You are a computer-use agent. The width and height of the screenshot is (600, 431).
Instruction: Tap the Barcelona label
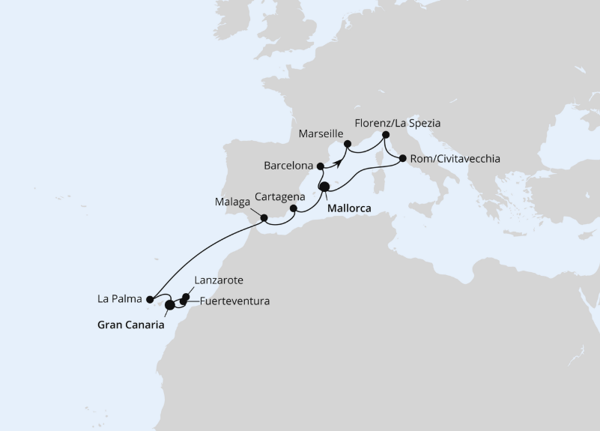click(x=288, y=165)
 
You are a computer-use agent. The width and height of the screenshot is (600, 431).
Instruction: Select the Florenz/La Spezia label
click(x=397, y=122)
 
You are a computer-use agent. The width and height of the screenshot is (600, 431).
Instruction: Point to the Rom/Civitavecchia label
click(x=455, y=159)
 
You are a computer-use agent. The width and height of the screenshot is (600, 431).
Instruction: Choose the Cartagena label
click(x=279, y=196)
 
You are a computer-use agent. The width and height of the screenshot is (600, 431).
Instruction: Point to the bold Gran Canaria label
click(x=130, y=325)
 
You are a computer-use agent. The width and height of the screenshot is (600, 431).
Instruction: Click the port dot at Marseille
click(x=348, y=143)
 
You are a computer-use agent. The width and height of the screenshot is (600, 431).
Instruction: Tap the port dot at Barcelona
click(x=321, y=166)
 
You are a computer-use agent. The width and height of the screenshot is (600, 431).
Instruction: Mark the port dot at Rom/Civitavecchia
click(x=403, y=158)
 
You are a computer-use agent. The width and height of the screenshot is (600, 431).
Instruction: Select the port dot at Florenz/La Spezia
click(x=386, y=135)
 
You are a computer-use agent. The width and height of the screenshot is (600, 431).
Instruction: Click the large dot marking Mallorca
click(x=324, y=187)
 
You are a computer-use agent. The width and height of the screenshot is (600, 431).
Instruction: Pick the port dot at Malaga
click(x=264, y=219)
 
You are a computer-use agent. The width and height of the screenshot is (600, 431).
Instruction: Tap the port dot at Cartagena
click(x=294, y=209)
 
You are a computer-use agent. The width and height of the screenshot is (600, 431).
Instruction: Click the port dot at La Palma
click(x=150, y=300)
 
